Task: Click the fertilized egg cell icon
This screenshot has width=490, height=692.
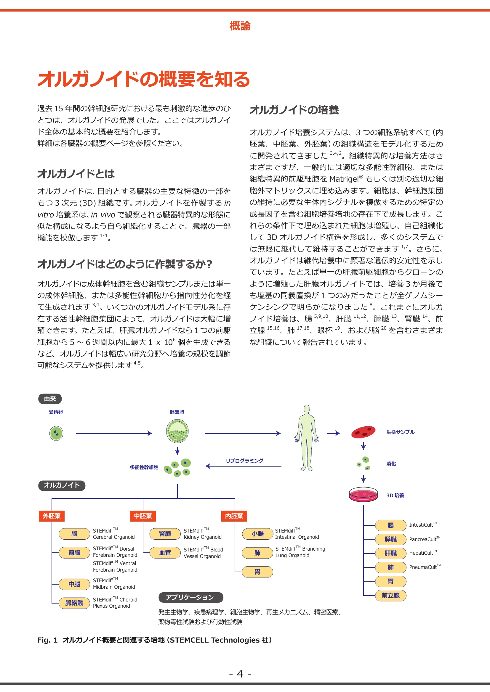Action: click(56, 433)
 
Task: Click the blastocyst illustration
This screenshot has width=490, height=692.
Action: click(177, 431)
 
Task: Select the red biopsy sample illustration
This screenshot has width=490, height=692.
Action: click(363, 432)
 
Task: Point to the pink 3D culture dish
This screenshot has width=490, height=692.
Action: click(363, 494)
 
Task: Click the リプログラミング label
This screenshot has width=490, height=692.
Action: click(244, 461)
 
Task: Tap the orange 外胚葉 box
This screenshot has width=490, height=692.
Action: click(52, 516)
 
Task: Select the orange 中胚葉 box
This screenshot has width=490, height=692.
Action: click(143, 516)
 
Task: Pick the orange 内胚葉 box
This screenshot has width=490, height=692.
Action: click(234, 516)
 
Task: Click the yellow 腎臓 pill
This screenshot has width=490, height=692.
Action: click(165, 534)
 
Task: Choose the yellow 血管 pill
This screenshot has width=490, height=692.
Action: click(165, 552)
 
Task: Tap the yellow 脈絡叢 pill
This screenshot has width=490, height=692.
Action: click(74, 603)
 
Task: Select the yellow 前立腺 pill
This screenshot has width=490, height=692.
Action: click(390, 595)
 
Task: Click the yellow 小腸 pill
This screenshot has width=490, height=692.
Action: click(257, 534)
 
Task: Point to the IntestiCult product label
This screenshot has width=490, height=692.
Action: click(422, 525)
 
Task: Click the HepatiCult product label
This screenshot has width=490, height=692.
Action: click(422, 553)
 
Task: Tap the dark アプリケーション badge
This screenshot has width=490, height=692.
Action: click(191, 597)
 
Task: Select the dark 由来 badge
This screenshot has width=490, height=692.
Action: click(50, 399)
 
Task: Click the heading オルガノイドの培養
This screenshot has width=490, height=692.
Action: click(294, 110)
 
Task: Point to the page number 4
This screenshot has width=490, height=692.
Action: click(240, 673)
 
